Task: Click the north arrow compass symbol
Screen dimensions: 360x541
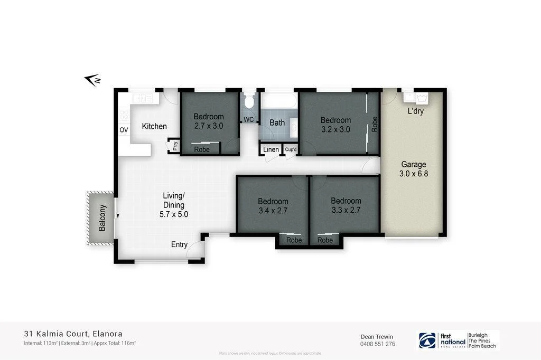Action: (92, 80)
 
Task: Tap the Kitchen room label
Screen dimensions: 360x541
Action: (154, 126)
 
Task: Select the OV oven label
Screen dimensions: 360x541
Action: (124, 130)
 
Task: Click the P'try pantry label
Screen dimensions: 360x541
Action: (174, 146)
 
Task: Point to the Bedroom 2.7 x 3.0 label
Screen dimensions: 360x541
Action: (209, 121)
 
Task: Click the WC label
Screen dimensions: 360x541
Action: (248, 119)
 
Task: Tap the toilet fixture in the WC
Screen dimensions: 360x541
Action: (249, 102)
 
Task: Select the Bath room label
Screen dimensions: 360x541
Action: (277, 122)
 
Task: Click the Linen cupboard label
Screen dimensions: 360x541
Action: (270, 150)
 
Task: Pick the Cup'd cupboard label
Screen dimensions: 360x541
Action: (291, 150)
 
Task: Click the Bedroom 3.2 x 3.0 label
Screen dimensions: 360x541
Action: (335, 125)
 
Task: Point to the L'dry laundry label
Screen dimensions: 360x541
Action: (415, 111)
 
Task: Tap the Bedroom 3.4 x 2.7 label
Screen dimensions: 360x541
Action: (273, 205)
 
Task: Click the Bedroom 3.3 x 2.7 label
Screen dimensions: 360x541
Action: (346, 205)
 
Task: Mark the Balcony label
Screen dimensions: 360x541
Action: (102, 218)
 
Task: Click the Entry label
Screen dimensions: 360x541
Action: (179, 244)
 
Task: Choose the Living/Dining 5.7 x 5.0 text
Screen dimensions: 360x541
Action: (174, 205)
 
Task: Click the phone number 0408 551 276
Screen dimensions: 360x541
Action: (377, 344)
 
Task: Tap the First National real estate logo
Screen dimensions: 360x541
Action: (442, 340)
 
